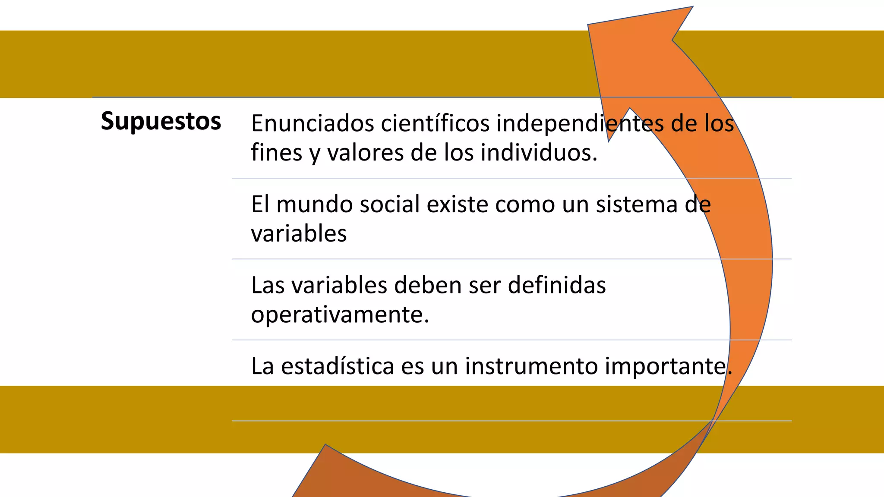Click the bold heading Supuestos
click(x=161, y=121)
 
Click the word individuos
click(x=539, y=153)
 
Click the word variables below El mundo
click(x=299, y=234)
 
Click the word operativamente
click(x=339, y=315)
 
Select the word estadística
click(x=338, y=366)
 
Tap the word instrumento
click(x=531, y=366)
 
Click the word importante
click(x=667, y=366)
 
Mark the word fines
click(x=276, y=153)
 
